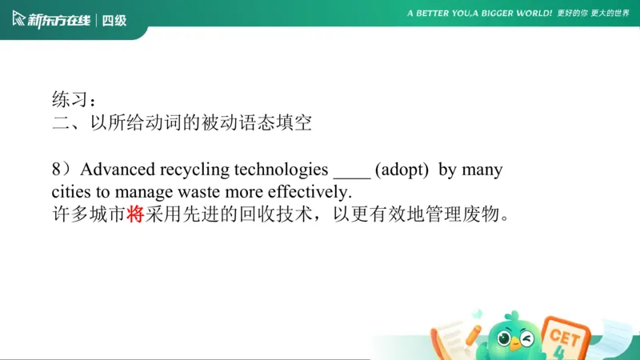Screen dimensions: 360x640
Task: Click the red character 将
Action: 135,215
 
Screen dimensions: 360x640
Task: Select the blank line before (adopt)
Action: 351,171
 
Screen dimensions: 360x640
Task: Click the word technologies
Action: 280,170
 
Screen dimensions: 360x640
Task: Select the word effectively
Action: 310,192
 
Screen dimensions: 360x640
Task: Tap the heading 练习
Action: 70,100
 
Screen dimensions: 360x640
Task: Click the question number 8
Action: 57,170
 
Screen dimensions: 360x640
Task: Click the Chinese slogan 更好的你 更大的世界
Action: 594,14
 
